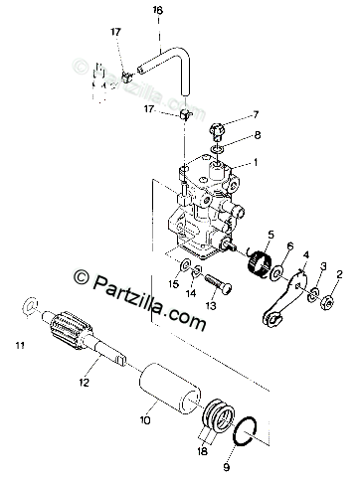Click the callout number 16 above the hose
pyautogui.click(x=158, y=10)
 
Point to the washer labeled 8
pyautogui.click(x=217, y=149)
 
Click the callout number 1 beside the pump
pyautogui.click(x=256, y=162)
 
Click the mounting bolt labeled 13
pyautogui.click(x=218, y=284)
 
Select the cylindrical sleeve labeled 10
pyautogui.click(x=170, y=389)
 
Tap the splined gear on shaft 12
pyautogui.click(x=72, y=330)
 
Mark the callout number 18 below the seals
pyautogui.click(x=202, y=451)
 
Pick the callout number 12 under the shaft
pyautogui.click(x=85, y=383)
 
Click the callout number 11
pyautogui.click(x=20, y=346)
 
